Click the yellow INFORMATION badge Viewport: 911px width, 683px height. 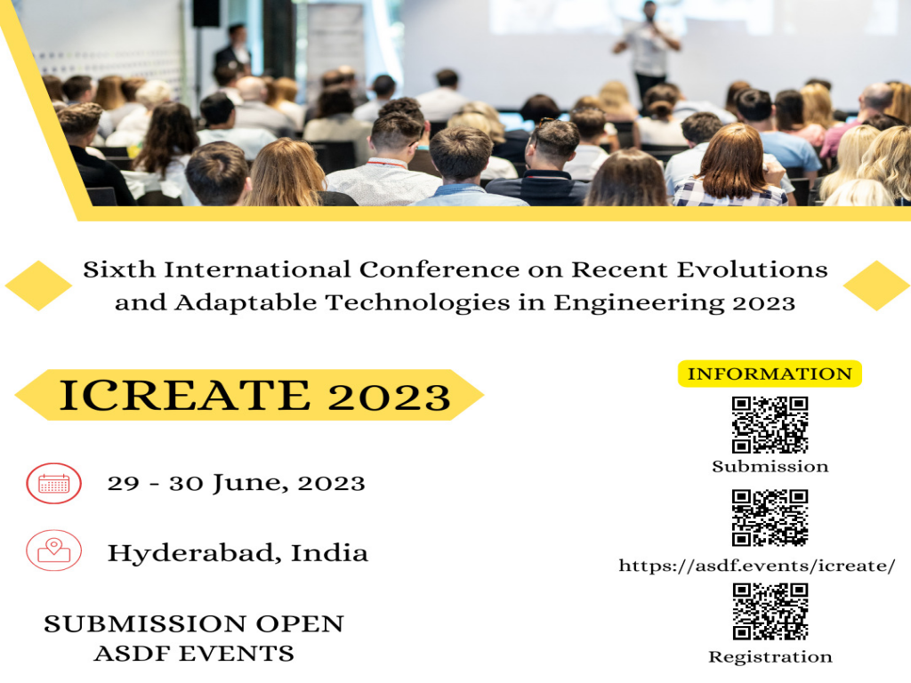click(x=770, y=374)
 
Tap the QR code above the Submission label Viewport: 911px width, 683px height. click(x=770, y=424)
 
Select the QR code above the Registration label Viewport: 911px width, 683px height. click(x=770, y=611)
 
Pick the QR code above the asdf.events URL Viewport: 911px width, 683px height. click(x=770, y=518)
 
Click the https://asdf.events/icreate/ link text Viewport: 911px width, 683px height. click(x=757, y=566)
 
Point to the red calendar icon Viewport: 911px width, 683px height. click(x=54, y=483)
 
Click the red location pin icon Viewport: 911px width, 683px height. click(x=54, y=550)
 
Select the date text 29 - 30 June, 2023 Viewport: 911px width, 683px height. click(x=236, y=483)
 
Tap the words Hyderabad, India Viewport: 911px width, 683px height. click(x=238, y=552)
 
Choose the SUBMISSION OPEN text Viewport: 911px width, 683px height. click(x=194, y=623)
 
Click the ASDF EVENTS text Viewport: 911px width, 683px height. click(x=194, y=654)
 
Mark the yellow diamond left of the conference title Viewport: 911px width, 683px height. click(x=38, y=285)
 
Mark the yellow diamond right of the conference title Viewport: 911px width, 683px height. click(x=876, y=285)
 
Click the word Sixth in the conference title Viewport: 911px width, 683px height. click(x=116, y=269)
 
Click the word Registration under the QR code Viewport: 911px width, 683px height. click(x=770, y=657)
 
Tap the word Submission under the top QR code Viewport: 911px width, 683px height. click(x=770, y=466)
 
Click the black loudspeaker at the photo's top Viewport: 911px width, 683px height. click(x=206, y=12)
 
